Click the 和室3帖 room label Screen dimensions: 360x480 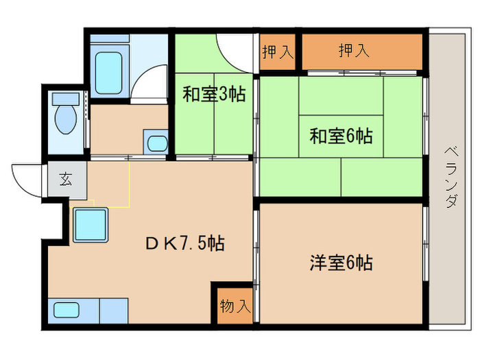tap(213, 94)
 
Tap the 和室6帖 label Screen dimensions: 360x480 tap(341, 136)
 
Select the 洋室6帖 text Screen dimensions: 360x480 tap(341, 262)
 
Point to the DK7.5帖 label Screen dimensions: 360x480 tap(183, 243)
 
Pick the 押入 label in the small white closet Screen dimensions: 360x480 tap(277, 52)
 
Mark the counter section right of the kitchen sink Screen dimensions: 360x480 tap(114, 310)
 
